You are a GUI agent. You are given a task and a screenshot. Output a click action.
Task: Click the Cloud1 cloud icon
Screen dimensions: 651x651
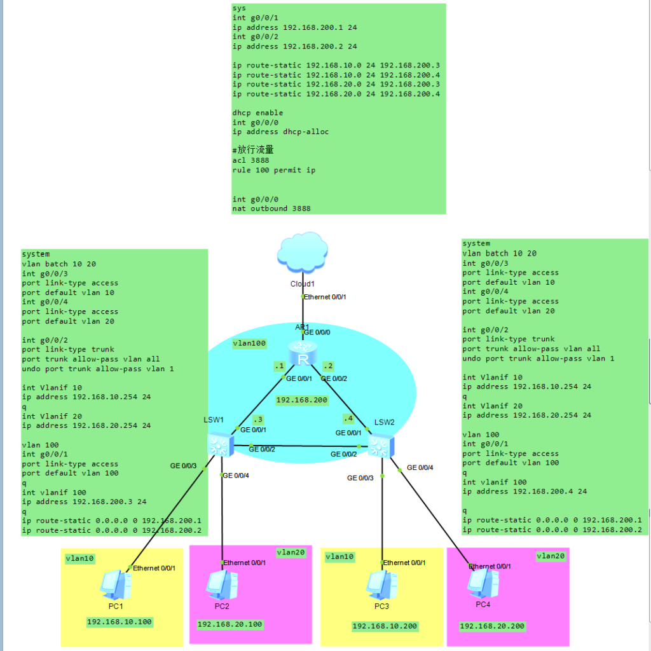tap(302, 253)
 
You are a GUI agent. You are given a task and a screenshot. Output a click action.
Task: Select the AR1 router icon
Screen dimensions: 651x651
tap(302, 353)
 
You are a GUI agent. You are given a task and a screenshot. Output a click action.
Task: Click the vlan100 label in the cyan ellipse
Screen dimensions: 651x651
tap(249, 343)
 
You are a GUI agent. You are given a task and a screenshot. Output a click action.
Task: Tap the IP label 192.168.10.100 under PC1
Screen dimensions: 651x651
tap(120, 622)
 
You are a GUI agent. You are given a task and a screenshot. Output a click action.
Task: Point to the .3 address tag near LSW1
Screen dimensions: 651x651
tap(257, 420)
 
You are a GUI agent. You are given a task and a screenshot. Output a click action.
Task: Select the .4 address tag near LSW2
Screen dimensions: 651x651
tap(348, 418)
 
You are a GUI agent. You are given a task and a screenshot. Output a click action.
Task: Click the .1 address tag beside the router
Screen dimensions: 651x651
tap(278, 366)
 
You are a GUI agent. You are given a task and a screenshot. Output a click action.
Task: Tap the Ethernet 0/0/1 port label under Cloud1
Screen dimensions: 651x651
tap(324, 297)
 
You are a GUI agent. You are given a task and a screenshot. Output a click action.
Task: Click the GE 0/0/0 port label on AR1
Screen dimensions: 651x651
tap(317, 332)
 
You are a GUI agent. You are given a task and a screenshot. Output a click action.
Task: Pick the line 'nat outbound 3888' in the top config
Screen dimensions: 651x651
tap(271, 209)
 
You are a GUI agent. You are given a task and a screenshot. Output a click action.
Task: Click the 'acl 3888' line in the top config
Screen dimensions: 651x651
tap(250, 161)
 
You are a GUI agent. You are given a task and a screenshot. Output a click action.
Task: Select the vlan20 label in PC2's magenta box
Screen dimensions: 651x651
tap(291, 553)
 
